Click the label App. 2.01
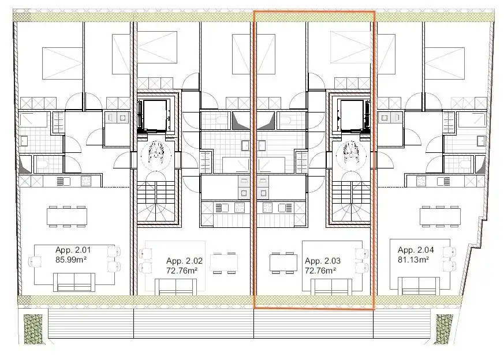(x=73, y=250)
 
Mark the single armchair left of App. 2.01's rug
(x=37, y=260)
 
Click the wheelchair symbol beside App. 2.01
(x=154, y=152)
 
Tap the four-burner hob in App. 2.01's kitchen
(x=86, y=181)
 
